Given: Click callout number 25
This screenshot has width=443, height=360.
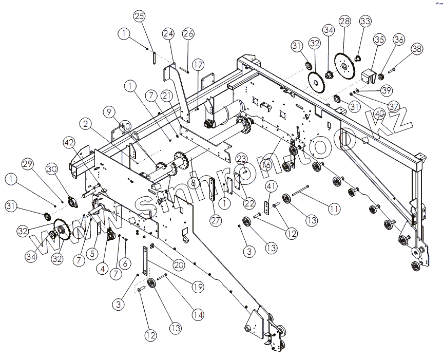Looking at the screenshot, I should coord(140,16).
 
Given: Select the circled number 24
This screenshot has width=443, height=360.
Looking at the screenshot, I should coord(169,34).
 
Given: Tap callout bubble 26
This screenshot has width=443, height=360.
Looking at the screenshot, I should coord(188,34).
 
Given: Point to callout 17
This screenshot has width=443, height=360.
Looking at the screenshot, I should coord(198,65).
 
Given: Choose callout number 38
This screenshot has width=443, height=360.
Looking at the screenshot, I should coord(417,49).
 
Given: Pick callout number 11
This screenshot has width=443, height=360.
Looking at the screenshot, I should coord(334,209).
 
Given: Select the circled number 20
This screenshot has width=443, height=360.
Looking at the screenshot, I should coord(179,264).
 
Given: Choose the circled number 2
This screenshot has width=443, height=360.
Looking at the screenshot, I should coord(85,124).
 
